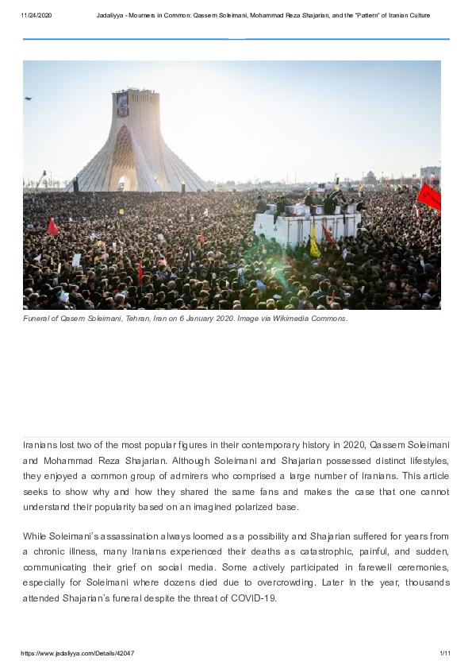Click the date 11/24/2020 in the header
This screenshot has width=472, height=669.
point(36,15)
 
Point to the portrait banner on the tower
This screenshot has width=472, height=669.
point(122,104)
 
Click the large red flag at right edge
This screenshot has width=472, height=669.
point(429,197)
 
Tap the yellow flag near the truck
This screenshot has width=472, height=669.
point(314,242)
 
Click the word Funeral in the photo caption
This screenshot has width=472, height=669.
point(37,319)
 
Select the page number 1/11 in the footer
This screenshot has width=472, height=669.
point(444,653)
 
